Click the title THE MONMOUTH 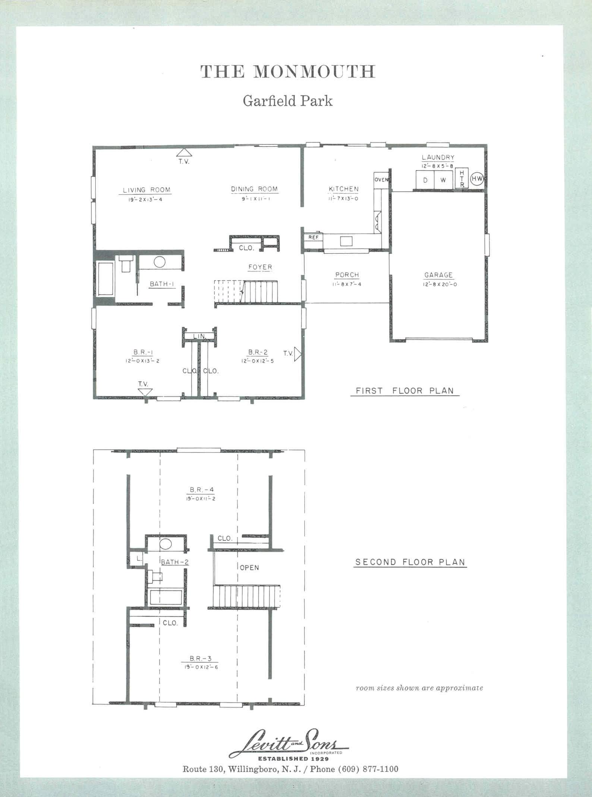288,71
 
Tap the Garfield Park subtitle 287,101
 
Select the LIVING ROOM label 147,190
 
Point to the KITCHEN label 344,189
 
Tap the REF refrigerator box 314,237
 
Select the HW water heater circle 477,179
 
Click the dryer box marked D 425,180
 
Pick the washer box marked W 443,180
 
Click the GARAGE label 438,275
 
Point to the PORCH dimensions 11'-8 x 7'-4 347,284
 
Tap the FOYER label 260,267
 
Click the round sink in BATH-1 159,262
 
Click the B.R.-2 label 258,352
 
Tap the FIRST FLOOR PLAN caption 405,391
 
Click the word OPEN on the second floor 249,567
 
